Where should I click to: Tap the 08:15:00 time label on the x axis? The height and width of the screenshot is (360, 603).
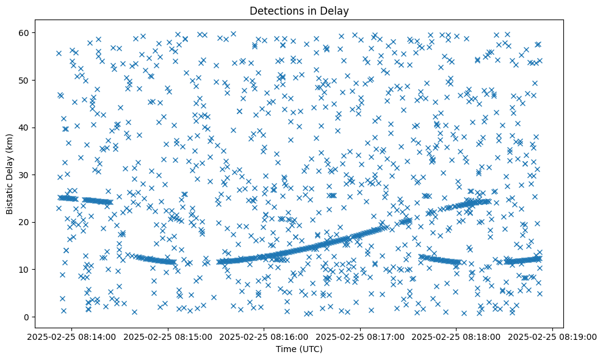(x=168, y=336)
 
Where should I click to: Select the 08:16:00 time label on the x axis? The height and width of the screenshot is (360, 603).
(x=265, y=336)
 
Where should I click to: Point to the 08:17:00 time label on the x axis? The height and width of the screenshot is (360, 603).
(x=361, y=336)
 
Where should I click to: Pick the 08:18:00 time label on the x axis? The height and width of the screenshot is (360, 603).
(x=457, y=336)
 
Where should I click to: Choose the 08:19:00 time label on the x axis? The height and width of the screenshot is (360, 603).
(x=552, y=336)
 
